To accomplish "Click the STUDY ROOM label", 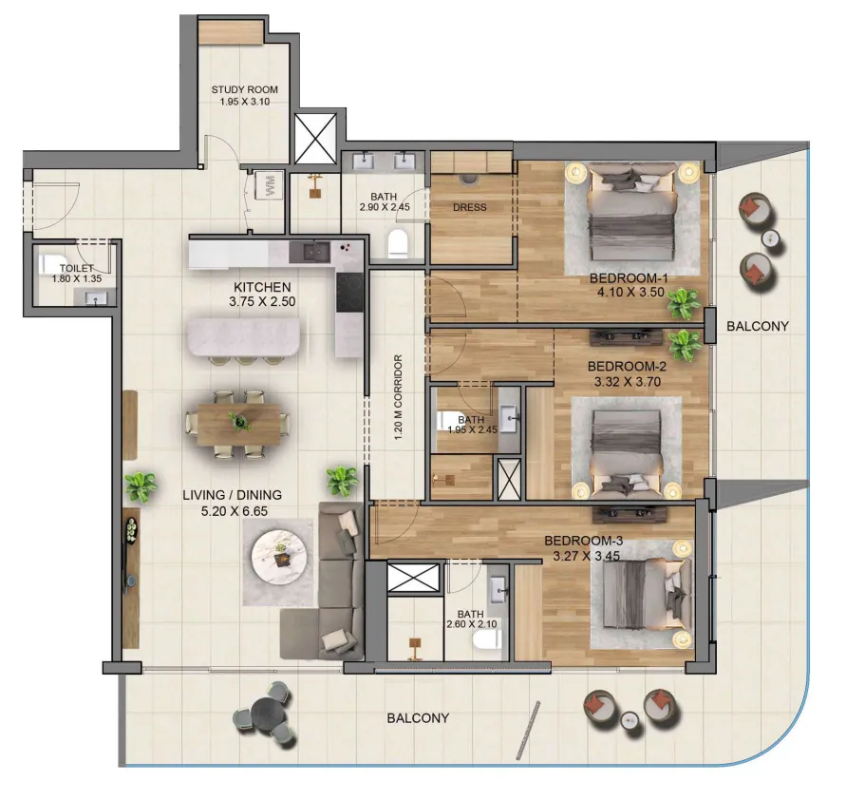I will click(244, 90).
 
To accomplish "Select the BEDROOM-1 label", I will click(629, 277).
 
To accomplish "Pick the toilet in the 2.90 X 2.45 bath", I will click(400, 244).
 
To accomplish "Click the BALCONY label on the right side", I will click(757, 326).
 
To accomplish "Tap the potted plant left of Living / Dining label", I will click(141, 487).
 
